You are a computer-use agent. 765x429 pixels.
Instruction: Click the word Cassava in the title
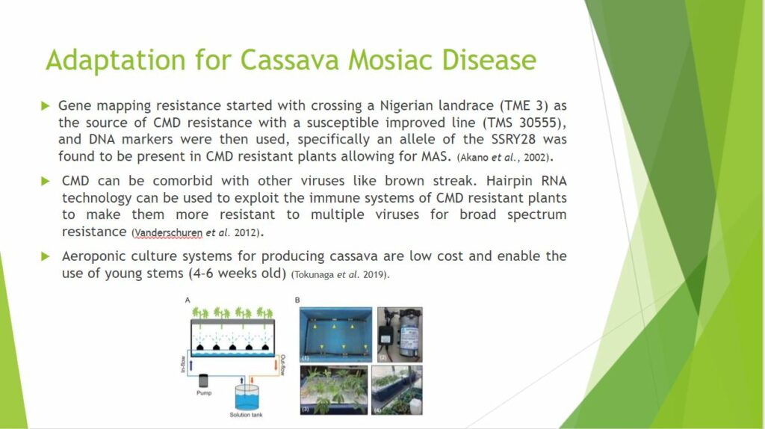289,60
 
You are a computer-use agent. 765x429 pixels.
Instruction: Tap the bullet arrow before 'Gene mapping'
46,105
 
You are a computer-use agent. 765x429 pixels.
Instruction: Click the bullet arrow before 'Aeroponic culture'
46,256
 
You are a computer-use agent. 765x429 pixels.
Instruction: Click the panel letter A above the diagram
188,300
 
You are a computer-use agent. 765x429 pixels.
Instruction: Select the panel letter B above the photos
297,300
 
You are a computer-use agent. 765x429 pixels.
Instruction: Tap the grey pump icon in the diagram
203,380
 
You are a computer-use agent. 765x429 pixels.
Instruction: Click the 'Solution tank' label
246,415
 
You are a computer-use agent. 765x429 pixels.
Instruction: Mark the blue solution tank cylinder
247,398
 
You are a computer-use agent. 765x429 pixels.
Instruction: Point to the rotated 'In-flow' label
183,364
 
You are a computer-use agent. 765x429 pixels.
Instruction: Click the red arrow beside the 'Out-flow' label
276,365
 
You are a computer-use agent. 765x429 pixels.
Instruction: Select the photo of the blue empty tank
335,334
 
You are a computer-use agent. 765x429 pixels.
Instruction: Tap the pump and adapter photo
400,334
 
